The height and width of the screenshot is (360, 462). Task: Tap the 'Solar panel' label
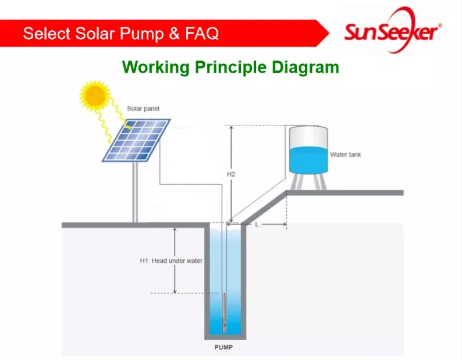coord(143,109)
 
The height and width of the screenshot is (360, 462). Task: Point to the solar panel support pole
coord(135,192)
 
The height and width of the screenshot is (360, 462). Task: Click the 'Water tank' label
coord(346,155)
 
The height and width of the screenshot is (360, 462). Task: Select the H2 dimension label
coord(230,174)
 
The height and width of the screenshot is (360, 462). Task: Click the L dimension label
coord(257,224)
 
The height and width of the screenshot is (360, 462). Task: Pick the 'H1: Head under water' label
coord(171,261)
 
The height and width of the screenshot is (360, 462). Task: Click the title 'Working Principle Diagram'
coord(230,67)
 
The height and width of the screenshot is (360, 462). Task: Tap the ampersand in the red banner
coord(175,34)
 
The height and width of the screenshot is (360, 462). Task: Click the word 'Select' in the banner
coord(44,34)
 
